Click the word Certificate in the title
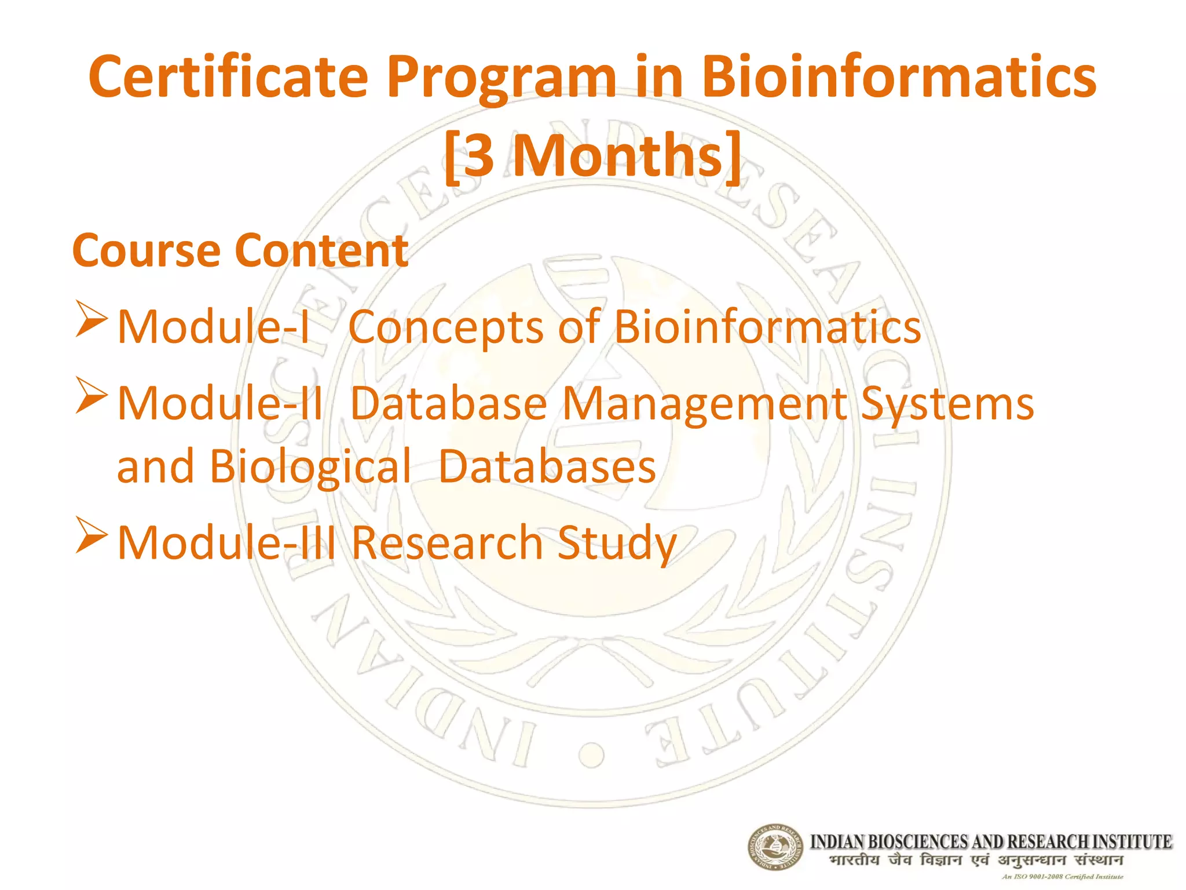[228, 76]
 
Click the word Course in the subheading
[147, 251]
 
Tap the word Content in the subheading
[322, 251]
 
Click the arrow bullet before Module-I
[91, 319]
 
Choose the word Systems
[947, 404]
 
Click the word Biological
[310, 466]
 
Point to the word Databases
[547, 466]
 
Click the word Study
[617, 543]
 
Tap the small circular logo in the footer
[775, 847]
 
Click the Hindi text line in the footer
[976, 860]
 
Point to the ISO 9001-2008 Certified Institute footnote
[1062, 877]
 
